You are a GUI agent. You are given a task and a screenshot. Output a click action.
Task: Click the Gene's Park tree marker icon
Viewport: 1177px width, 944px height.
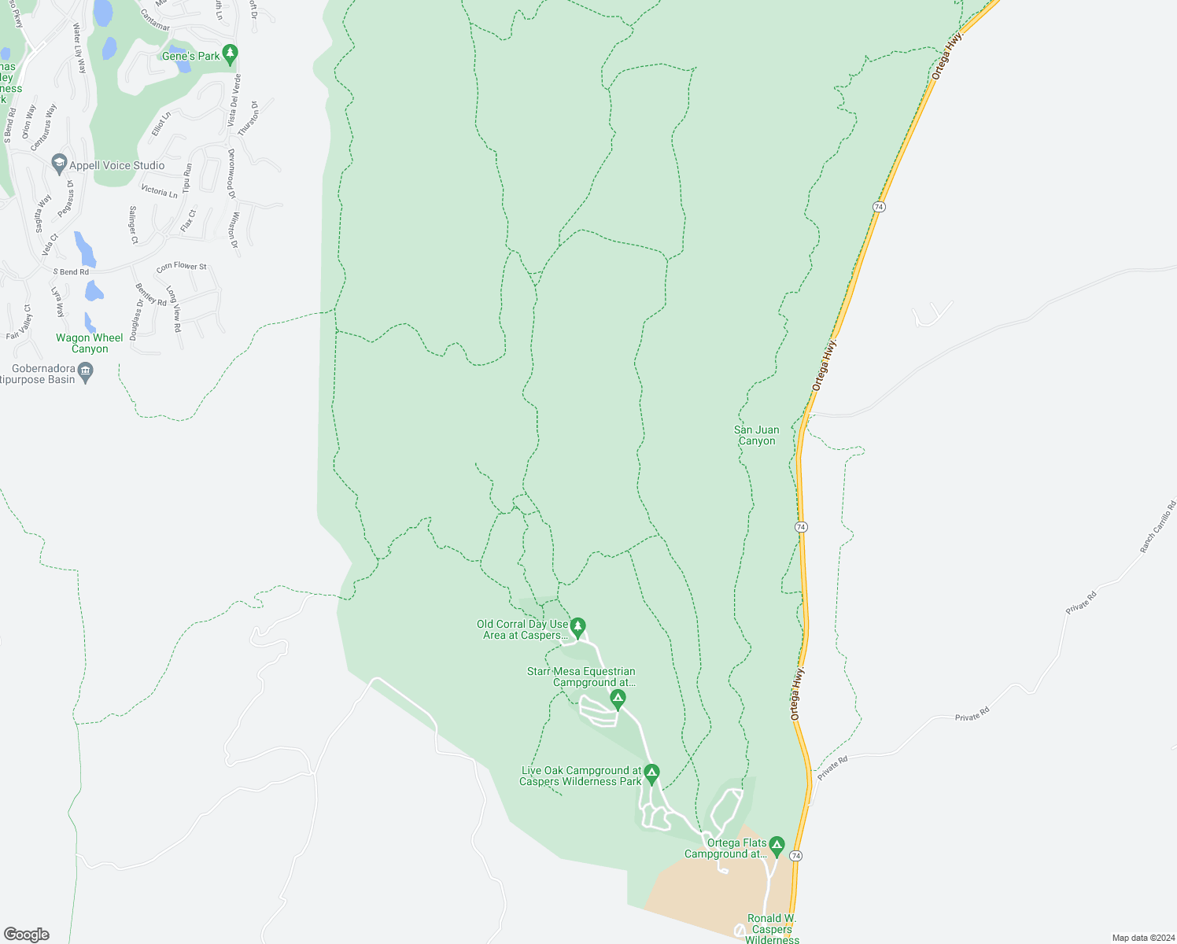pyautogui.click(x=230, y=54)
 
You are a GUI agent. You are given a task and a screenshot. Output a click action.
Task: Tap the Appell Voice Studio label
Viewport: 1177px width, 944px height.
pyautogui.click(x=116, y=165)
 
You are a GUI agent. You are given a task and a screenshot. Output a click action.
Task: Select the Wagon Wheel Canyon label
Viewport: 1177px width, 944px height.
pyautogui.click(x=90, y=343)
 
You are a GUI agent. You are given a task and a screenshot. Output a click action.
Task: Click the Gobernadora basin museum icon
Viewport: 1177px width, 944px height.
pyautogui.click(x=87, y=370)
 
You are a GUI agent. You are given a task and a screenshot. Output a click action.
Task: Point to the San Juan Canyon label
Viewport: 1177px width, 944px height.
pyautogui.click(x=757, y=435)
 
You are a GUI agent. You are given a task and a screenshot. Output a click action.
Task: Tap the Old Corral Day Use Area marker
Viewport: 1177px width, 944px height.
pyautogui.click(x=578, y=626)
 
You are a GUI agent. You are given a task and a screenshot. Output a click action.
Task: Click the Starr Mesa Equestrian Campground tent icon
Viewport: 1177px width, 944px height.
pyautogui.click(x=618, y=697)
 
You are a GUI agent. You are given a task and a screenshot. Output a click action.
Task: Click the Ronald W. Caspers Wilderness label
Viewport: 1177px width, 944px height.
pyautogui.click(x=772, y=928)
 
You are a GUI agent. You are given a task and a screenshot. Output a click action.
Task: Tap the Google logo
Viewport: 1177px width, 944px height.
pyautogui.click(x=27, y=935)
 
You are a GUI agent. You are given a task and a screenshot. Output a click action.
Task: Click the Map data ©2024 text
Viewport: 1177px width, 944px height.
pyautogui.click(x=1142, y=938)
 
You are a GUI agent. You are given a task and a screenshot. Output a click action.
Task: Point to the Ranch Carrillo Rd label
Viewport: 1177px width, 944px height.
pyautogui.click(x=1158, y=526)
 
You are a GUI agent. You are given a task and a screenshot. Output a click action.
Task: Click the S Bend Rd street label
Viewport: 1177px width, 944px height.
pyautogui.click(x=71, y=272)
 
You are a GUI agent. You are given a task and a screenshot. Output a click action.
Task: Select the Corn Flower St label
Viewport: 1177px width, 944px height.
pyautogui.click(x=182, y=267)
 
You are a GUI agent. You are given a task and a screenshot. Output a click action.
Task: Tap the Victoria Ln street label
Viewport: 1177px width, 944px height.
pyautogui.click(x=159, y=191)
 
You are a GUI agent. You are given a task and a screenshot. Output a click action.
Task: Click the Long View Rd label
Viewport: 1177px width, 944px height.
pyautogui.click(x=174, y=308)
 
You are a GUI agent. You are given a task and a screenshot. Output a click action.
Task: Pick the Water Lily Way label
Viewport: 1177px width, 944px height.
pyautogui.click(x=79, y=49)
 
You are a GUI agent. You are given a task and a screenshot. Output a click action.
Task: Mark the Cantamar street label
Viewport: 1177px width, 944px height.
pyautogui.click(x=155, y=20)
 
